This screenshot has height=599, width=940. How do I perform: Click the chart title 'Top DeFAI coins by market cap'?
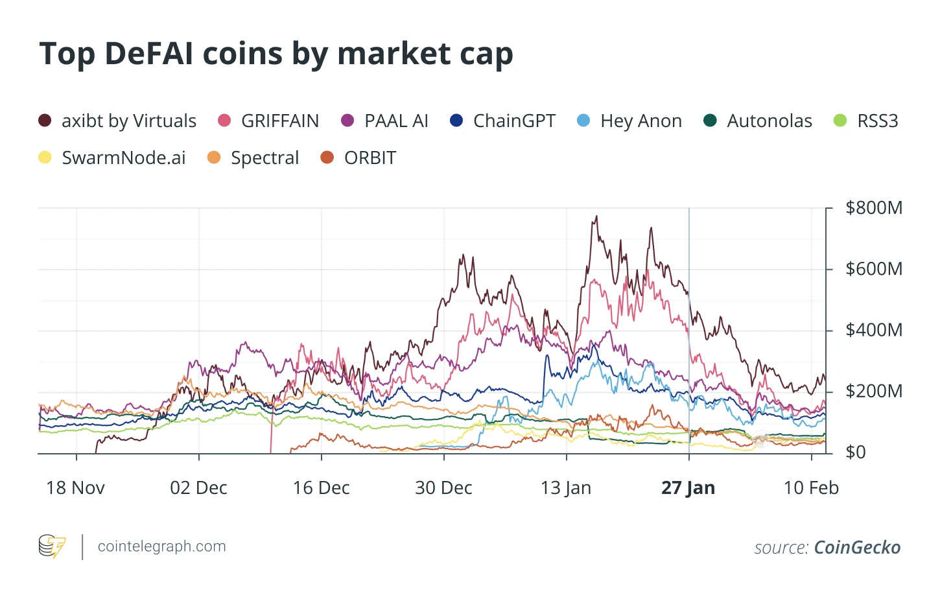click(x=276, y=54)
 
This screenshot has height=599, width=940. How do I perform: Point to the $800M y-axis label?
click(x=874, y=208)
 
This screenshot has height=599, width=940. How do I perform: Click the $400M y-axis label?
click(x=874, y=330)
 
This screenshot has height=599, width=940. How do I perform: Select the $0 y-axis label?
click(x=856, y=452)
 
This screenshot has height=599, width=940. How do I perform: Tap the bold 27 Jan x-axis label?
click(x=688, y=488)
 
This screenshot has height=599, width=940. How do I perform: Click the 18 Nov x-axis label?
click(x=75, y=488)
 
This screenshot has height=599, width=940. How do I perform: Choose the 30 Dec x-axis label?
click(x=443, y=488)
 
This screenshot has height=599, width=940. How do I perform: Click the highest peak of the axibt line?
click(x=596, y=217)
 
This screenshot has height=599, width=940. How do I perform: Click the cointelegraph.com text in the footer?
click(x=161, y=546)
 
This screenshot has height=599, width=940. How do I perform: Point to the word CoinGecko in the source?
click(x=857, y=548)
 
